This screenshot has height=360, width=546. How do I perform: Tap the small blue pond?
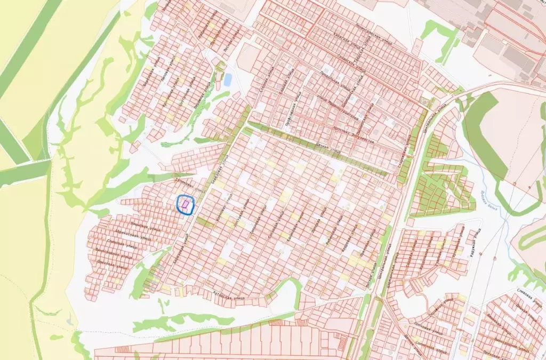(228, 79)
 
